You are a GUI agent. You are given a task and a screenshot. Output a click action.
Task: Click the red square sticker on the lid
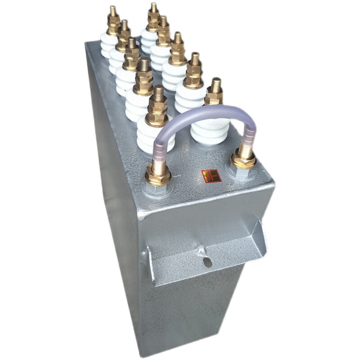(x=211, y=176)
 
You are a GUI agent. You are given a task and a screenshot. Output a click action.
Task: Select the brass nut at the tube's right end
(x=243, y=159)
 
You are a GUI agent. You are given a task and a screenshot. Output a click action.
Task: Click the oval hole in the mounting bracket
(x=207, y=261)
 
